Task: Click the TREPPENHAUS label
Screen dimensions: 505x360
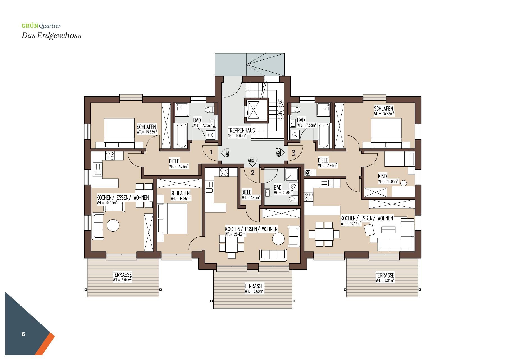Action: tap(241, 130)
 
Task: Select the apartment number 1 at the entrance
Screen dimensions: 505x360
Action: tap(211, 152)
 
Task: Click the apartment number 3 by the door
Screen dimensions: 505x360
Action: tap(293, 153)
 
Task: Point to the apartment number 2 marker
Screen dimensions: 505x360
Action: tap(252, 173)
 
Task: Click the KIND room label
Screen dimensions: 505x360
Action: tap(382, 176)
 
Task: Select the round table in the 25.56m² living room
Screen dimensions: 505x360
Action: tap(113, 225)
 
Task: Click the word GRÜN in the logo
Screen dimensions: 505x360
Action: tap(30, 26)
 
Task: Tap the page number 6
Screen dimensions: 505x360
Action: tap(23, 334)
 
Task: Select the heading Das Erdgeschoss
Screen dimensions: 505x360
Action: tap(51, 36)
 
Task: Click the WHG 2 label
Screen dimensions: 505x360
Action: tap(252, 161)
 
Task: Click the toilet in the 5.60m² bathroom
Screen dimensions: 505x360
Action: tap(293, 199)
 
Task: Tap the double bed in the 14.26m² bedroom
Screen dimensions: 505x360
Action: tap(172, 218)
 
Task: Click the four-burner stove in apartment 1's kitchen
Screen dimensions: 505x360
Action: tap(110, 156)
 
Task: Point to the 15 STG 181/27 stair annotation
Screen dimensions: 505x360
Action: tap(280, 110)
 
